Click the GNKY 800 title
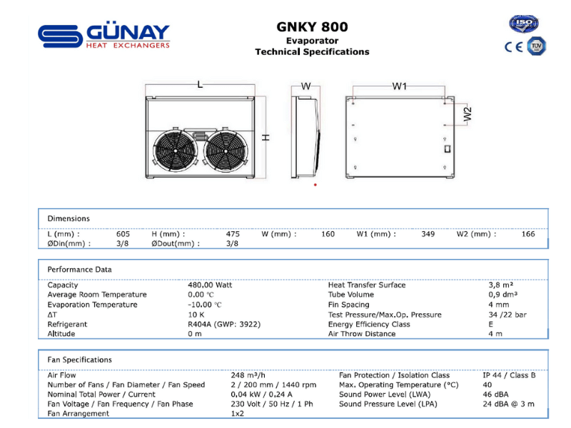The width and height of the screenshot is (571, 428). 312,27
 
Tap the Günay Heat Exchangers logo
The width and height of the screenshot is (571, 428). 104,36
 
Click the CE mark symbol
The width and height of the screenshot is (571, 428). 513,47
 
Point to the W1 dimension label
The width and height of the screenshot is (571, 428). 399,86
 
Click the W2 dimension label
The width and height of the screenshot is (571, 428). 468,114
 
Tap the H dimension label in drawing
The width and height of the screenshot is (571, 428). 266,137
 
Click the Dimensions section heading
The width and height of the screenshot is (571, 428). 69,218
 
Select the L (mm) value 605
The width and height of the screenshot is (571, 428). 123,234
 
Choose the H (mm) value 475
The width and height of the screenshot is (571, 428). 233,234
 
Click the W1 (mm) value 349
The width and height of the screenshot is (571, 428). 428,234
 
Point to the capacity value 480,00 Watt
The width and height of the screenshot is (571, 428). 210,285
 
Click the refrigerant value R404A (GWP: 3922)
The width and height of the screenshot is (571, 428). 224,324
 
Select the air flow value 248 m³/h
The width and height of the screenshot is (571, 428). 248,375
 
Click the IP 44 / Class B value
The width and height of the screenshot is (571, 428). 509,375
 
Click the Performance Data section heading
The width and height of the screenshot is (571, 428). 79,270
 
